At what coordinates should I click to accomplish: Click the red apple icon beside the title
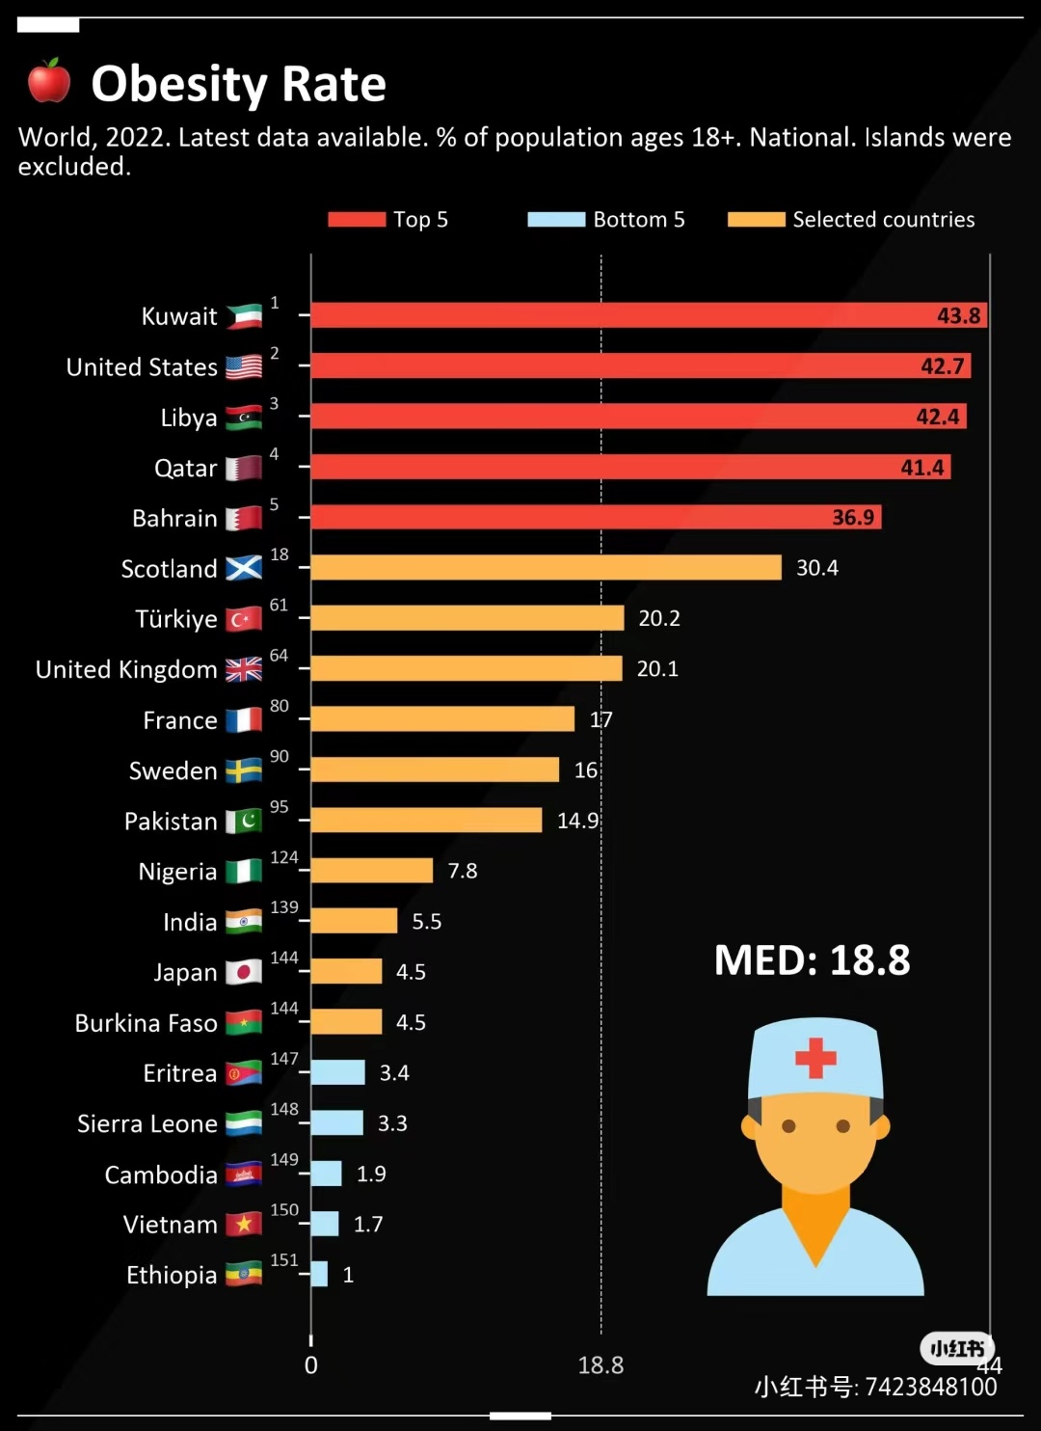[48, 81]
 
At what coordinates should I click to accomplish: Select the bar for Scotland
[546, 568]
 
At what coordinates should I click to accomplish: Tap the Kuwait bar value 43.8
[958, 315]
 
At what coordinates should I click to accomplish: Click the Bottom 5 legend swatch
[556, 220]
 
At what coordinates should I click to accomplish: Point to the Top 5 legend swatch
[357, 220]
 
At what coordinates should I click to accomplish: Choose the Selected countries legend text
[883, 220]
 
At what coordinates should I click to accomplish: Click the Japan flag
[244, 972]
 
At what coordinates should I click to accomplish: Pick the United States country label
[142, 367]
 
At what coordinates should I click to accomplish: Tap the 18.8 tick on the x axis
[601, 1365]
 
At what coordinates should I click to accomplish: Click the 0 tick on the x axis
[310, 1365]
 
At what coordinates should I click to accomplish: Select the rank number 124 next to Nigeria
[284, 857]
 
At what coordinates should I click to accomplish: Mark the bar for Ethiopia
[319, 1274]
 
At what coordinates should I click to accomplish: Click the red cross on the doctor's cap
[815, 1057]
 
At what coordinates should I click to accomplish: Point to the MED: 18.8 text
[812, 960]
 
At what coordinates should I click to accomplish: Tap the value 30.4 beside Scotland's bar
[816, 568]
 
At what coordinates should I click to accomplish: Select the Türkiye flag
[244, 619]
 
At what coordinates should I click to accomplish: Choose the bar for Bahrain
[596, 517]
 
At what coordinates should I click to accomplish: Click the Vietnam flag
[244, 1225]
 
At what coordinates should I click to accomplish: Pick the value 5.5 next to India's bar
[426, 922]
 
